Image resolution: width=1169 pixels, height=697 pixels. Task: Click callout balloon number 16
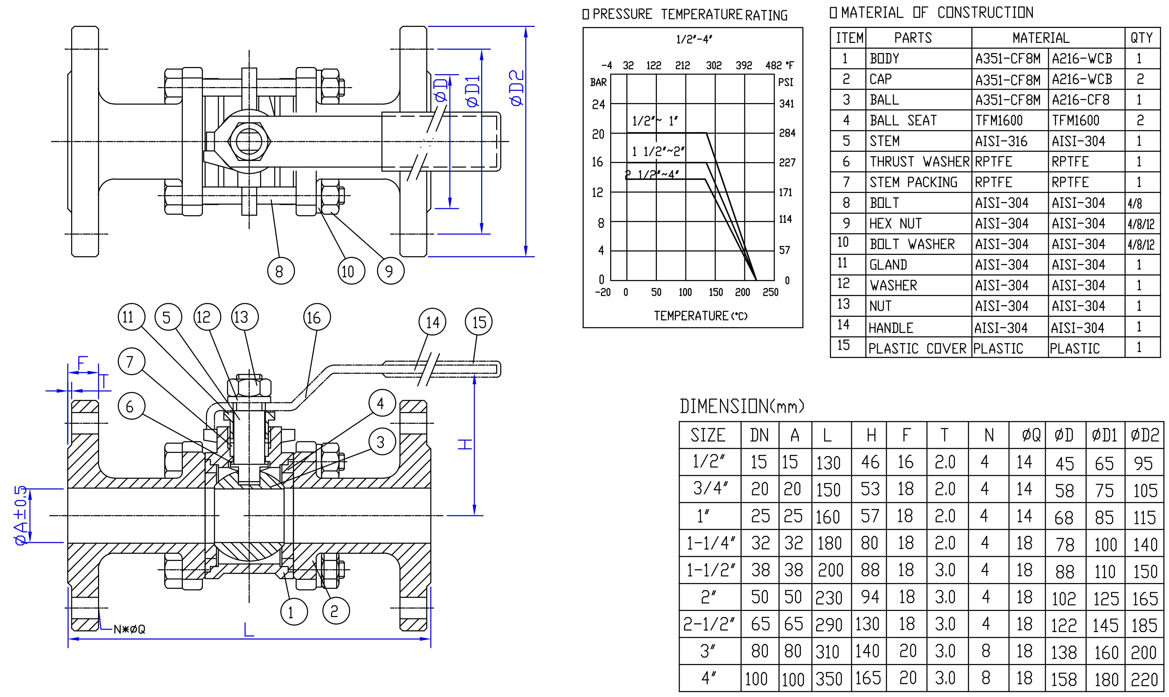click(x=317, y=318)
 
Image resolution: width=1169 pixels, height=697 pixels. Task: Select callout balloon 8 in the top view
click(x=281, y=271)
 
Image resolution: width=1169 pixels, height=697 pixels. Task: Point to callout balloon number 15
click(x=478, y=322)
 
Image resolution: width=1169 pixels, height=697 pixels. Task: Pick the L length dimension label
click(x=249, y=629)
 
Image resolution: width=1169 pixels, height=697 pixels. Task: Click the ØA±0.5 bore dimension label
click(x=21, y=515)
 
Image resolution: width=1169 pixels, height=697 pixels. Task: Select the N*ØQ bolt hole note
click(x=130, y=629)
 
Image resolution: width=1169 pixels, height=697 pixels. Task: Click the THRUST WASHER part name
click(x=919, y=162)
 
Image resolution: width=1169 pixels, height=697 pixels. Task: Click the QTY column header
click(x=1142, y=37)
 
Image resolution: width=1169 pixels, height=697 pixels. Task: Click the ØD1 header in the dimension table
click(x=1105, y=435)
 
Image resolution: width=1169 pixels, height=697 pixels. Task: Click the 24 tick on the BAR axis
click(x=598, y=104)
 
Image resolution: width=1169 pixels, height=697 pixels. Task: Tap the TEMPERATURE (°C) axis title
click(x=694, y=315)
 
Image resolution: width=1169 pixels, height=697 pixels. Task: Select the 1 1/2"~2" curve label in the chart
click(x=658, y=151)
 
